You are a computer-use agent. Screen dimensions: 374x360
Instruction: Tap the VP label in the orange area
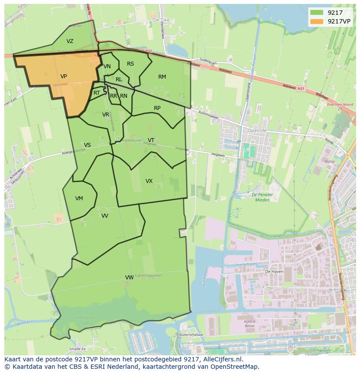[63, 76]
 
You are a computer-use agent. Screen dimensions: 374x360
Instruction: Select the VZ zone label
[70, 41]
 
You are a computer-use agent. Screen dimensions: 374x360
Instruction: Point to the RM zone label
[162, 77]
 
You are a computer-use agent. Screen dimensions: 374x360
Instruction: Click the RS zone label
[130, 64]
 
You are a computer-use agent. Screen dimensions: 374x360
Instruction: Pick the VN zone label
[107, 66]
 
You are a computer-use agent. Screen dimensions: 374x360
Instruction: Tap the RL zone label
[119, 79]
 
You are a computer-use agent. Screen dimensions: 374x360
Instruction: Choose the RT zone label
[97, 93]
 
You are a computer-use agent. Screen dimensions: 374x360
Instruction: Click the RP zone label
[157, 108]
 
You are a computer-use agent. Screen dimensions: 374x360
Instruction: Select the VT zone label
[151, 140]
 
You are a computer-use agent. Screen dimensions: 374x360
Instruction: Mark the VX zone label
[149, 181]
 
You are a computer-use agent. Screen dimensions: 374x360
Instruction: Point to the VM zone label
[79, 199]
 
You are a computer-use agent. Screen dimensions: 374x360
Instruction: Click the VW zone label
[129, 278]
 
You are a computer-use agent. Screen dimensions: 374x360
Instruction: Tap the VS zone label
[87, 145]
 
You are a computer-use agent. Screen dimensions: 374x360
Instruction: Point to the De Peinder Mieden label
[261, 197]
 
